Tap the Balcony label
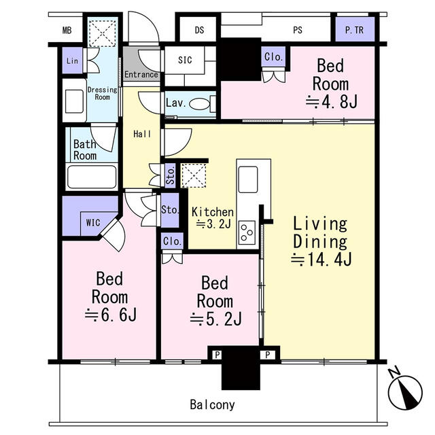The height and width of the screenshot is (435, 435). pyautogui.click(x=212, y=405)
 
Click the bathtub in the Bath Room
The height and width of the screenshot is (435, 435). pyautogui.click(x=92, y=177)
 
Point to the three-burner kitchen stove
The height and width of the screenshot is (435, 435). pyautogui.click(x=247, y=232)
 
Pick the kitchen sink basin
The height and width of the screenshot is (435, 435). pyautogui.click(x=248, y=179)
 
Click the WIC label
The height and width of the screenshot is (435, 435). pyautogui.click(x=93, y=223)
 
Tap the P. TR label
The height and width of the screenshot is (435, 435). pyautogui.click(x=354, y=30)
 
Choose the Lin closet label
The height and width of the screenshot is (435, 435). pyautogui.click(x=72, y=60)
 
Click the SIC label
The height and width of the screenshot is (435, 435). pyautogui.click(x=185, y=60)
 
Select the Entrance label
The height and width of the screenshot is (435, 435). pyautogui.click(x=141, y=74)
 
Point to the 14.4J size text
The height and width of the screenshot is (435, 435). pyautogui.click(x=321, y=260)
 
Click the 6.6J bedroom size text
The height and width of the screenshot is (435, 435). pyautogui.click(x=111, y=315)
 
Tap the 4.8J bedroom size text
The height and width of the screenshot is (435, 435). pyautogui.click(x=332, y=102)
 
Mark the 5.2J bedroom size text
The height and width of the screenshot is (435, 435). pyautogui.click(x=216, y=319)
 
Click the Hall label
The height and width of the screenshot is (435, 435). pyautogui.click(x=142, y=135)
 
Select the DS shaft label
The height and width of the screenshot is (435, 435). pyautogui.click(x=199, y=30)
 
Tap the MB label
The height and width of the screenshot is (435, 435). pyautogui.click(x=67, y=30)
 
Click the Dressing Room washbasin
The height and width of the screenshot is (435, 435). pyautogui.click(x=74, y=101)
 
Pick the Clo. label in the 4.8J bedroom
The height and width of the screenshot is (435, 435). pyautogui.click(x=273, y=57)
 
